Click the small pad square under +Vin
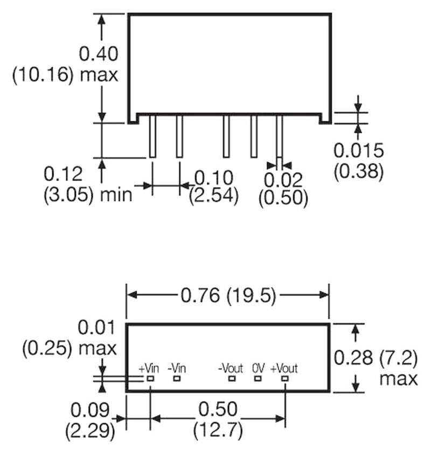click(x=151, y=379)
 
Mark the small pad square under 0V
click(x=258, y=379)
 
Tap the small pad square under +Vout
click(x=284, y=379)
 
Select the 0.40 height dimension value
click(x=98, y=54)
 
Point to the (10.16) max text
click(x=65, y=74)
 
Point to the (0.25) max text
click(x=69, y=348)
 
